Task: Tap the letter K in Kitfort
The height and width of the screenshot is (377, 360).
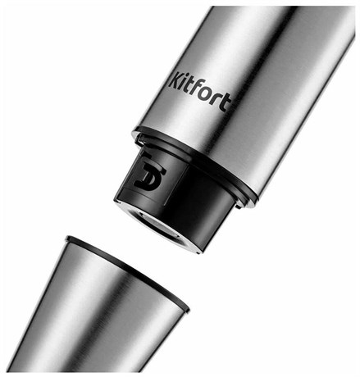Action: [175, 80]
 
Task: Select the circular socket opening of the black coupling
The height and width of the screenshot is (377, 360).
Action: [159, 225]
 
